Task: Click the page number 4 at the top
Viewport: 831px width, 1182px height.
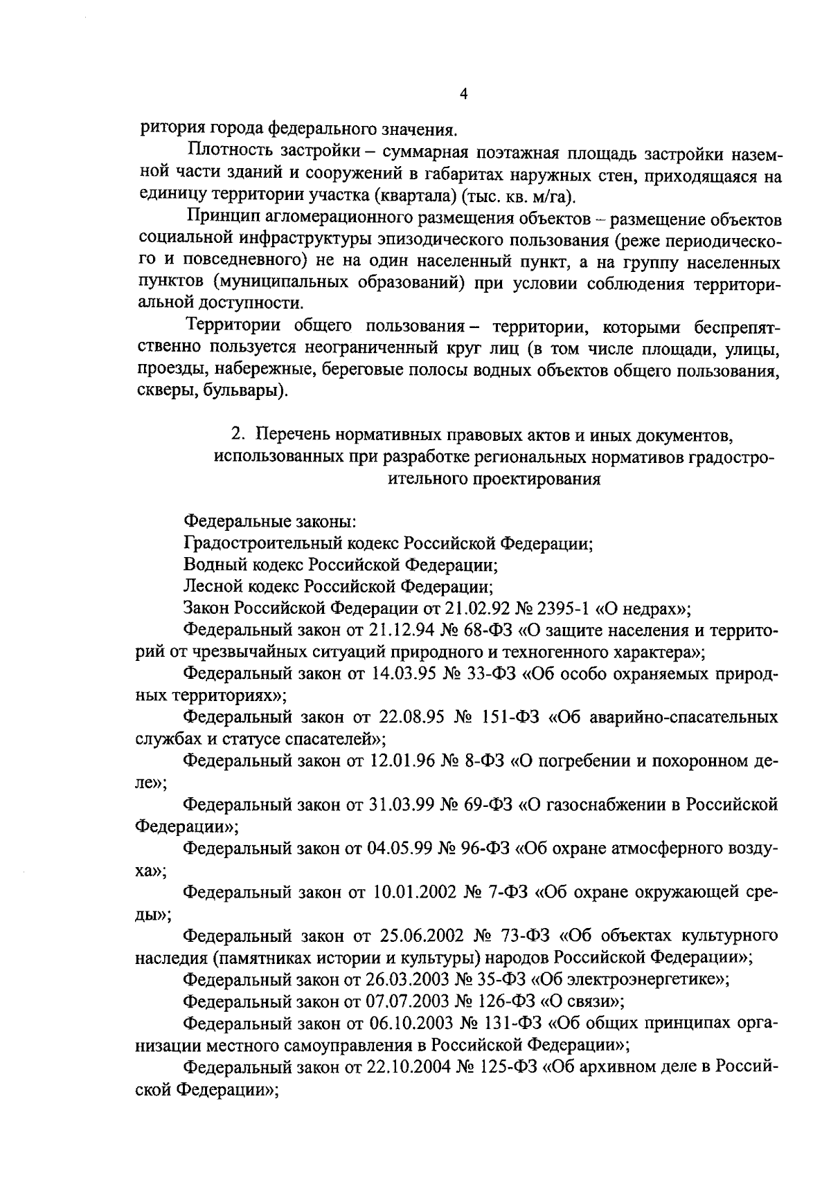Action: [x=463, y=95]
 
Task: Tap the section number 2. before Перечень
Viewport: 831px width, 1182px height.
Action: [x=238, y=435]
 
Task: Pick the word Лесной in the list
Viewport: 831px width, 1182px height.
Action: [x=208, y=586]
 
